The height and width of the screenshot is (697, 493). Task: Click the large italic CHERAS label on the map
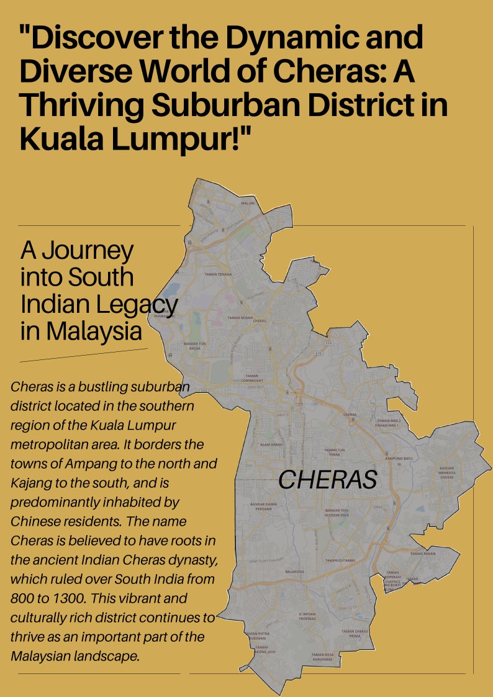pos(327,479)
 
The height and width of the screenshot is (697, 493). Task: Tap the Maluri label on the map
pos(248,202)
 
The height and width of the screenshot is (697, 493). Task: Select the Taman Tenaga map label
pos(218,274)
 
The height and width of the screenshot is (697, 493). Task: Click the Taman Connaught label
pos(251,377)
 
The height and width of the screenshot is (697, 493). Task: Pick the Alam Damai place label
pos(271,444)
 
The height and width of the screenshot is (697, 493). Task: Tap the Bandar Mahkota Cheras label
pos(447,472)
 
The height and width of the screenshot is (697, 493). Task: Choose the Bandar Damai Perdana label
pos(263,506)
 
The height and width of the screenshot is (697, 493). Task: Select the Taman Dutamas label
pos(340,560)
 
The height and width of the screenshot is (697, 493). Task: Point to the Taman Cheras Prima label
pos(355,634)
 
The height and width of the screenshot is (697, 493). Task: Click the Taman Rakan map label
pos(423,553)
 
